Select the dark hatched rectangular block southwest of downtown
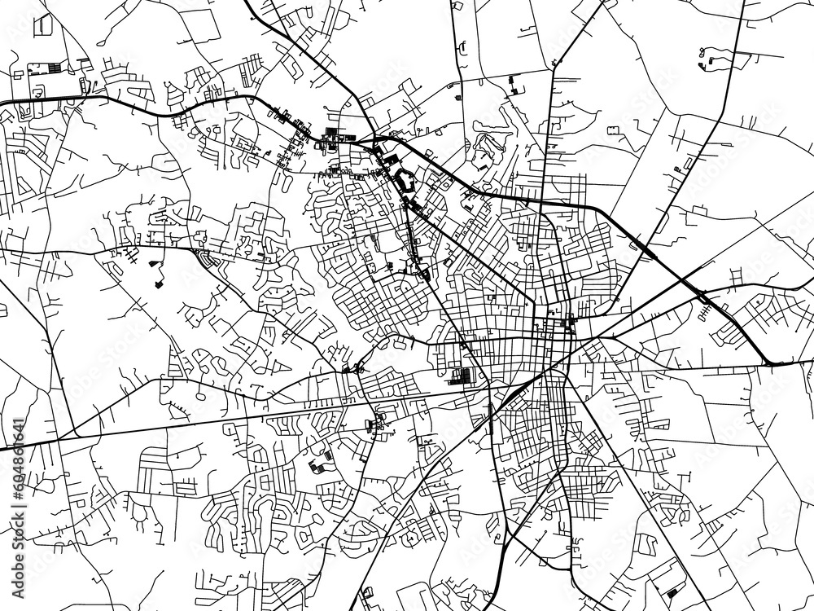[x=461, y=376]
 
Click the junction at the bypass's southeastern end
[x=769, y=363]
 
